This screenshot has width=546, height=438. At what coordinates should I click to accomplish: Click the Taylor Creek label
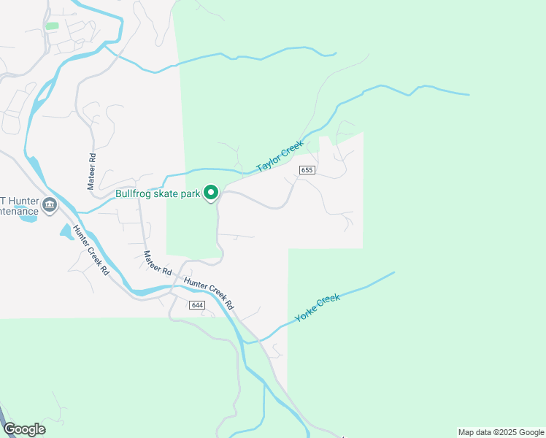pos(280,156)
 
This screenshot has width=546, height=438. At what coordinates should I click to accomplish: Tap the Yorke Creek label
pos(318,309)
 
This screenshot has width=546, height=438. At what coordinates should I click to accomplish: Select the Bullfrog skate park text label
pos(158,194)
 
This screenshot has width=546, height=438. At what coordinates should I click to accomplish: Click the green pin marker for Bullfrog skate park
pos(211,193)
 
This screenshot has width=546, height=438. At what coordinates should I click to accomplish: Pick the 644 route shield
pos(196,304)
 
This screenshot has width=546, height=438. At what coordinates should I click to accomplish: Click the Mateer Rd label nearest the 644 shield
pos(157,264)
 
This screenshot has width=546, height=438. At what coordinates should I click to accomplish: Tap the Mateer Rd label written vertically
pos(92,171)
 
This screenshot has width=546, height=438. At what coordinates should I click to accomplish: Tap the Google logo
pos(24,429)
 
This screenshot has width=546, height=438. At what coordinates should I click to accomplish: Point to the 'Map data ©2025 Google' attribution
pos(500,432)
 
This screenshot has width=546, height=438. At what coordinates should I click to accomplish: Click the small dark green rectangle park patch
pos(52,26)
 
